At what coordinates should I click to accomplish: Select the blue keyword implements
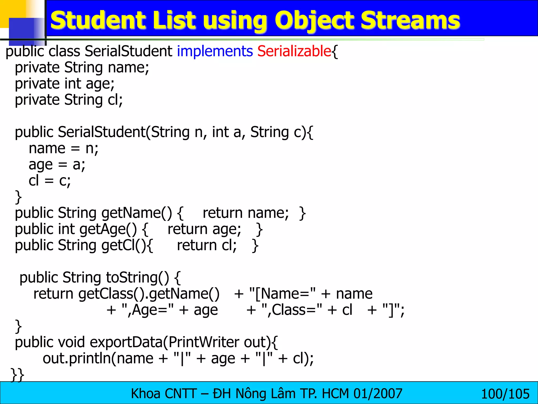click(x=215, y=51)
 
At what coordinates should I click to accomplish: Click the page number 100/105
click(x=505, y=394)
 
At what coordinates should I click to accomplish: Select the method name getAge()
click(x=108, y=229)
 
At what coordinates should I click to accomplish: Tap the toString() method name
click(x=138, y=278)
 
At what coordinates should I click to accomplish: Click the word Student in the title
click(x=99, y=21)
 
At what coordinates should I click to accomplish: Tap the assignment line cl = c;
click(x=50, y=181)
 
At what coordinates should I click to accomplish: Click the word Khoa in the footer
click(x=146, y=394)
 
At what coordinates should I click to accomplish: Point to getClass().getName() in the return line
click(x=149, y=294)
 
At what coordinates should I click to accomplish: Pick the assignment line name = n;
click(x=64, y=149)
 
